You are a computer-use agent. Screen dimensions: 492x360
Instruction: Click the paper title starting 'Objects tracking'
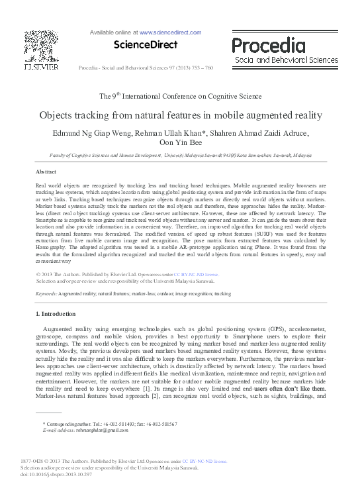click(180, 114)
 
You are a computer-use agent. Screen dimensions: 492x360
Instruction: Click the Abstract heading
click(46, 171)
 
